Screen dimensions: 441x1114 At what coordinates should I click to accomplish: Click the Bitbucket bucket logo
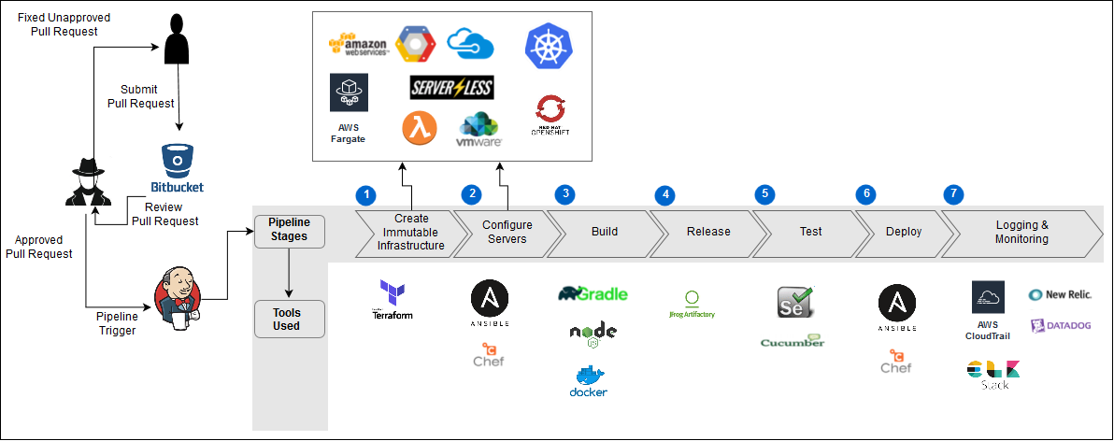(177, 160)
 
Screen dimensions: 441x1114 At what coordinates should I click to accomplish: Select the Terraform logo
(392, 300)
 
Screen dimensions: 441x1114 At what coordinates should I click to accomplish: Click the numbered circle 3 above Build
(564, 194)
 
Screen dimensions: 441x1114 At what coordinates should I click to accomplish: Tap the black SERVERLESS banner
(451, 88)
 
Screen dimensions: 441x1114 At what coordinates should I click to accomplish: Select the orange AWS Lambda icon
(421, 129)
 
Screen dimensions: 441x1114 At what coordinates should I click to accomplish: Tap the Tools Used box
(286, 319)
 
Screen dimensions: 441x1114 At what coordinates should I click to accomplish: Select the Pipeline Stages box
(288, 231)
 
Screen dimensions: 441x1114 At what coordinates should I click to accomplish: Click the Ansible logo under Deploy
(896, 307)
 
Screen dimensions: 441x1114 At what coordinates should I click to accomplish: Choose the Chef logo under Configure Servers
(488, 355)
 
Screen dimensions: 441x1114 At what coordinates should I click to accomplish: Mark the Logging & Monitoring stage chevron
(1021, 232)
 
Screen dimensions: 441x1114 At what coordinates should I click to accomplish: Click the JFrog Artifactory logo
(692, 304)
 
